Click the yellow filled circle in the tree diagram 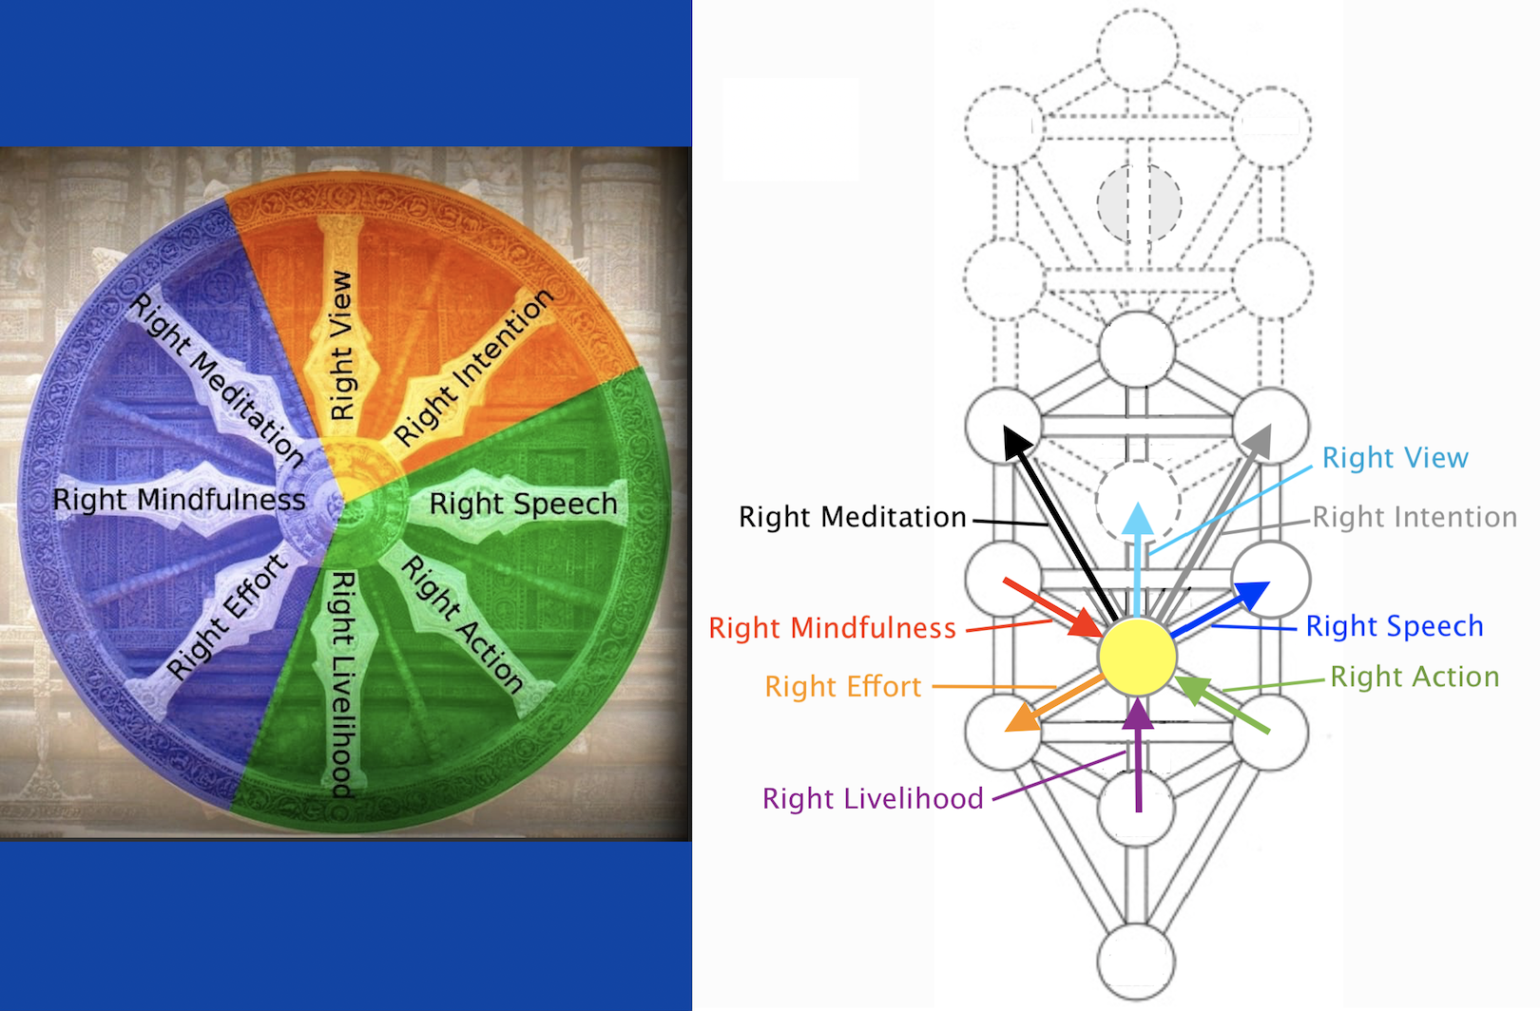coord(1138,657)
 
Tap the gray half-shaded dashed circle coord(1139,203)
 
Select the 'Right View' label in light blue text coord(1395,458)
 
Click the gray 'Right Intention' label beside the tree coord(1415,517)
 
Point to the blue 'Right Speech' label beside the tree coord(1395,626)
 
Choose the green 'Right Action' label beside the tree coord(1415,677)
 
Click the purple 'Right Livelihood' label coord(873,798)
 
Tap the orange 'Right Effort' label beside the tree coord(843,687)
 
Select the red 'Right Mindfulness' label coord(832,628)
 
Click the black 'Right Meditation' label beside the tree coord(853,517)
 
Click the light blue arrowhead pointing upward coord(1138,518)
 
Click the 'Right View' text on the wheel coord(341,345)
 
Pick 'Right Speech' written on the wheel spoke coord(523,504)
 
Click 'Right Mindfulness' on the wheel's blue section coord(179,500)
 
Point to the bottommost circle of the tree coord(1136,961)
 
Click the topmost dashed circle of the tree coord(1139,50)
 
